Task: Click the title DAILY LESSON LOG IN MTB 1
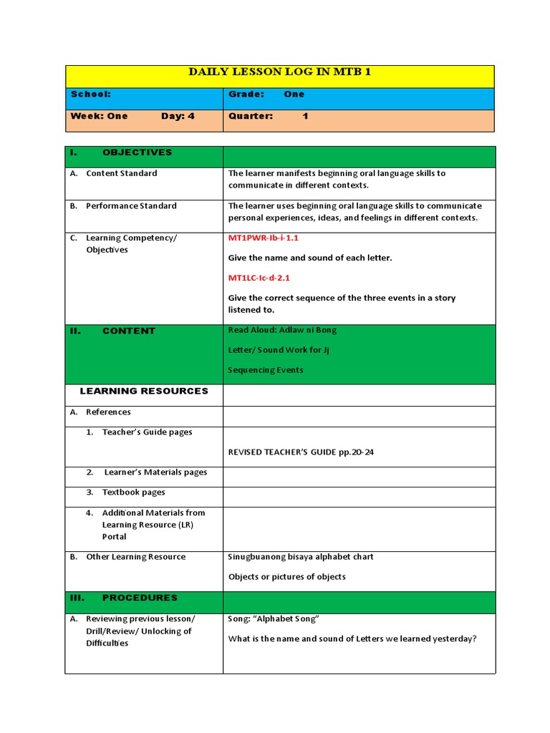coord(279,72)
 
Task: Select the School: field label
coord(90,94)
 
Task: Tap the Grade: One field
coord(266,94)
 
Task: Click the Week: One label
coord(99,116)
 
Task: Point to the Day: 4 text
coord(178,116)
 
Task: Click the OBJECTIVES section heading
coord(137,152)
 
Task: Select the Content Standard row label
coord(121,173)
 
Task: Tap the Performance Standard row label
coord(131,206)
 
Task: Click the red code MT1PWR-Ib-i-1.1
coord(263,238)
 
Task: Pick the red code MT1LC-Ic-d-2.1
coord(259,278)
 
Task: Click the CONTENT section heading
coord(128,331)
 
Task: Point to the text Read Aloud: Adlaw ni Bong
coord(282,330)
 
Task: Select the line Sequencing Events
coord(265,370)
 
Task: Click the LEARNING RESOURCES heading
coord(144,392)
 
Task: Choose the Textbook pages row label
coord(133,492)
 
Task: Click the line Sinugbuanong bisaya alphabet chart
coord(300,557)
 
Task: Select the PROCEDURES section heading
coord(140,598)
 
